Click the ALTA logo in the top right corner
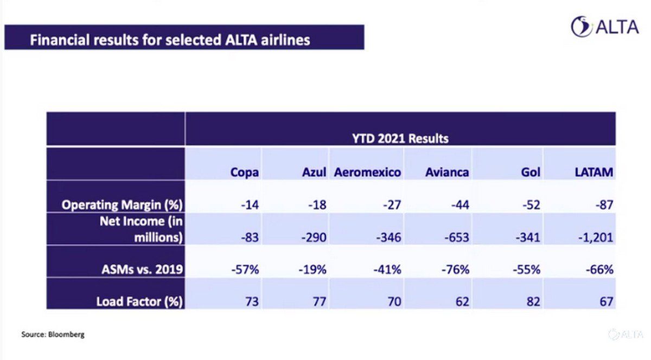coord(604,27)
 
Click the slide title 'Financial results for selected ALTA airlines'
coord(169,40)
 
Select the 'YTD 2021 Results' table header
coord(400,138)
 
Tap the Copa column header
coord(244,172)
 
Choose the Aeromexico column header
coord(367,172)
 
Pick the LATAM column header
coord(593,172)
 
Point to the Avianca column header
coord(448,172)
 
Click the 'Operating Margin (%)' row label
coord(122,205)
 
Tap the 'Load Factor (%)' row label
coord(139,301)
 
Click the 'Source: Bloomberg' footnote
coord(53,335)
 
